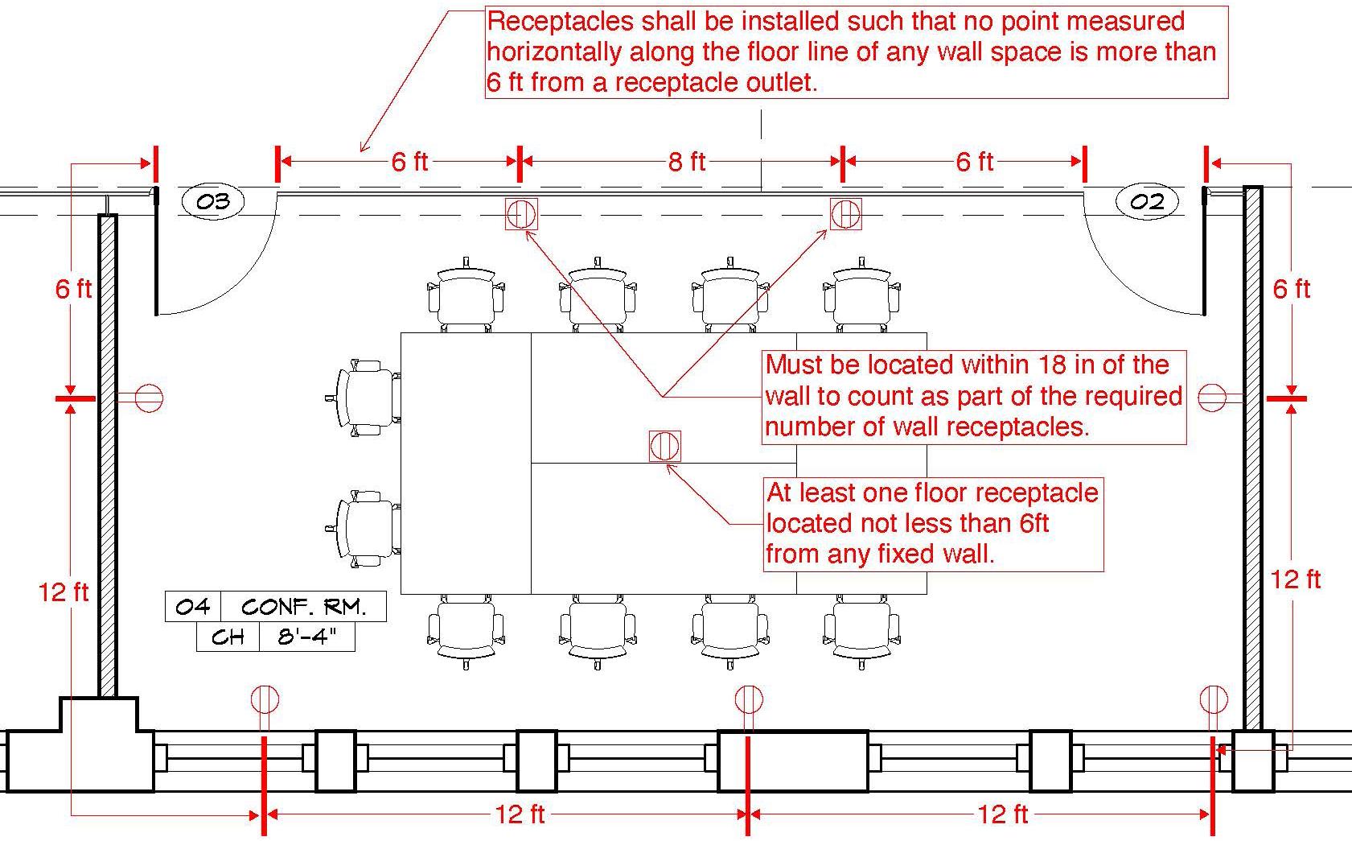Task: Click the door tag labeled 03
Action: pos(213,201)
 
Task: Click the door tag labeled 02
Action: pos(1147,201)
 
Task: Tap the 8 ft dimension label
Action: pos(686,162)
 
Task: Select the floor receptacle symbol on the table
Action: pos(664,446)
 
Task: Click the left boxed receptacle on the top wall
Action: pos(520,214)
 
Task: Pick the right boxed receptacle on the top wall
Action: pos(845,214)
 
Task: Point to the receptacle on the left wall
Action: pos(148,398)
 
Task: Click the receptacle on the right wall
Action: pos(1212,398)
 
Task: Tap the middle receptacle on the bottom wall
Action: pos(748,699)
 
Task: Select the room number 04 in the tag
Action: pos(192,606)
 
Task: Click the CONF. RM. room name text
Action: pos(303,606)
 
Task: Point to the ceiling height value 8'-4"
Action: pos(306,637)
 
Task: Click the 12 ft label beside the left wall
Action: pos(64,592)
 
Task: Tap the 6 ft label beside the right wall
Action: pos(1291,288)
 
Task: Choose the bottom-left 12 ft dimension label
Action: pos(520,814)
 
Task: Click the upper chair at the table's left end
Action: pos(367,398)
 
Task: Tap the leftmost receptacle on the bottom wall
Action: pos(265,699)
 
